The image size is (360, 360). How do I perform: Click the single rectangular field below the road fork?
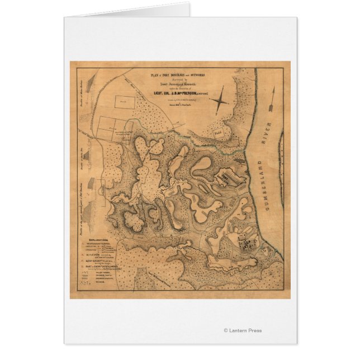[x=129, y=102]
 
